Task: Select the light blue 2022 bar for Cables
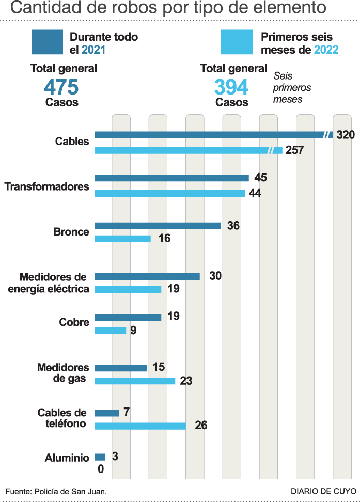[x=181, y=150]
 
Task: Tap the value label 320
[x=346, y=135]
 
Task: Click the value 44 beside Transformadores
[x=255, y=194]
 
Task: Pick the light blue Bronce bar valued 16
[x=122, y=239]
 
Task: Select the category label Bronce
[x=71, y=232]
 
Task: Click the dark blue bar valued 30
[x=147, y=276]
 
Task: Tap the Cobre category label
[x=74, y=322]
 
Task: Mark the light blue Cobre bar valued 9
[x=110, y=331]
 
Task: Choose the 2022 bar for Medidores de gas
[x=135, y=381]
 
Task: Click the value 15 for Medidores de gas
[x=159, y=367]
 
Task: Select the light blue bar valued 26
[x=140, y=426]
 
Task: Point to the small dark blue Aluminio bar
[x=100, y=457]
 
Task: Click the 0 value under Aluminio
[x=101, y=469]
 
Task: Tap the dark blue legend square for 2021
[x=48, y=42]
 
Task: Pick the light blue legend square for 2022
[x=237, y=42]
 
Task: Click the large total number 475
[x=61, y=86]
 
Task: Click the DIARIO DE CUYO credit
[x=323, y=490]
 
